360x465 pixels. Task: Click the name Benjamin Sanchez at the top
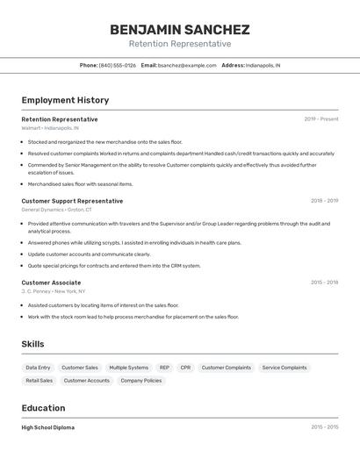click(180, 29)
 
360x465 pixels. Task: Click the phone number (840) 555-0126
click(118, 65)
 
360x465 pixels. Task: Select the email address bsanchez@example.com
click(187, 65)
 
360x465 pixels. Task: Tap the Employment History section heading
click(65, 100)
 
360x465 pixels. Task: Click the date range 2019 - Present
click(320, 119)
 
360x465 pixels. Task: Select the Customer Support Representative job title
click(72, 201)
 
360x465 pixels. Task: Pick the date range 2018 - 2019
click(324, 201)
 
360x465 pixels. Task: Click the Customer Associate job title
click(51, 283)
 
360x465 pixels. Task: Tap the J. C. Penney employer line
click(54, 291)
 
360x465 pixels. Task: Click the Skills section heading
click(32, 344)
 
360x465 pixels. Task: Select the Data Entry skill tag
click(38, 368)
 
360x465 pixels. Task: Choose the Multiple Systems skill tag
click(126, 368)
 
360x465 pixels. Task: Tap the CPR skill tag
click(185, 368)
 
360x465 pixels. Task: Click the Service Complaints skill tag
click(284, 368)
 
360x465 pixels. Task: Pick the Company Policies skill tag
click(141, 381)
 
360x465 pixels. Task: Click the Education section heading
click(43, 408)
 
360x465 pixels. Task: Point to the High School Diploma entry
click(47, 427)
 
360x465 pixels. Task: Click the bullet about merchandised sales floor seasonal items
click(80, 184)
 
